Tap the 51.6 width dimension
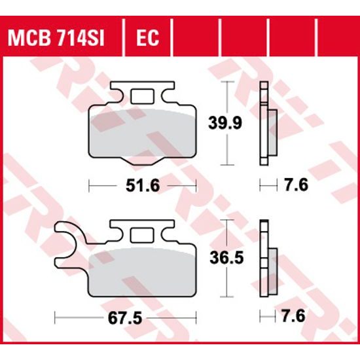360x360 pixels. click(142, 186)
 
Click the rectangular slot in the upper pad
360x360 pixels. click(141, 96)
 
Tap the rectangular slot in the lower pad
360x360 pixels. click(142, 234)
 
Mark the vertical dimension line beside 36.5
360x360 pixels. click(226, 259)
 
